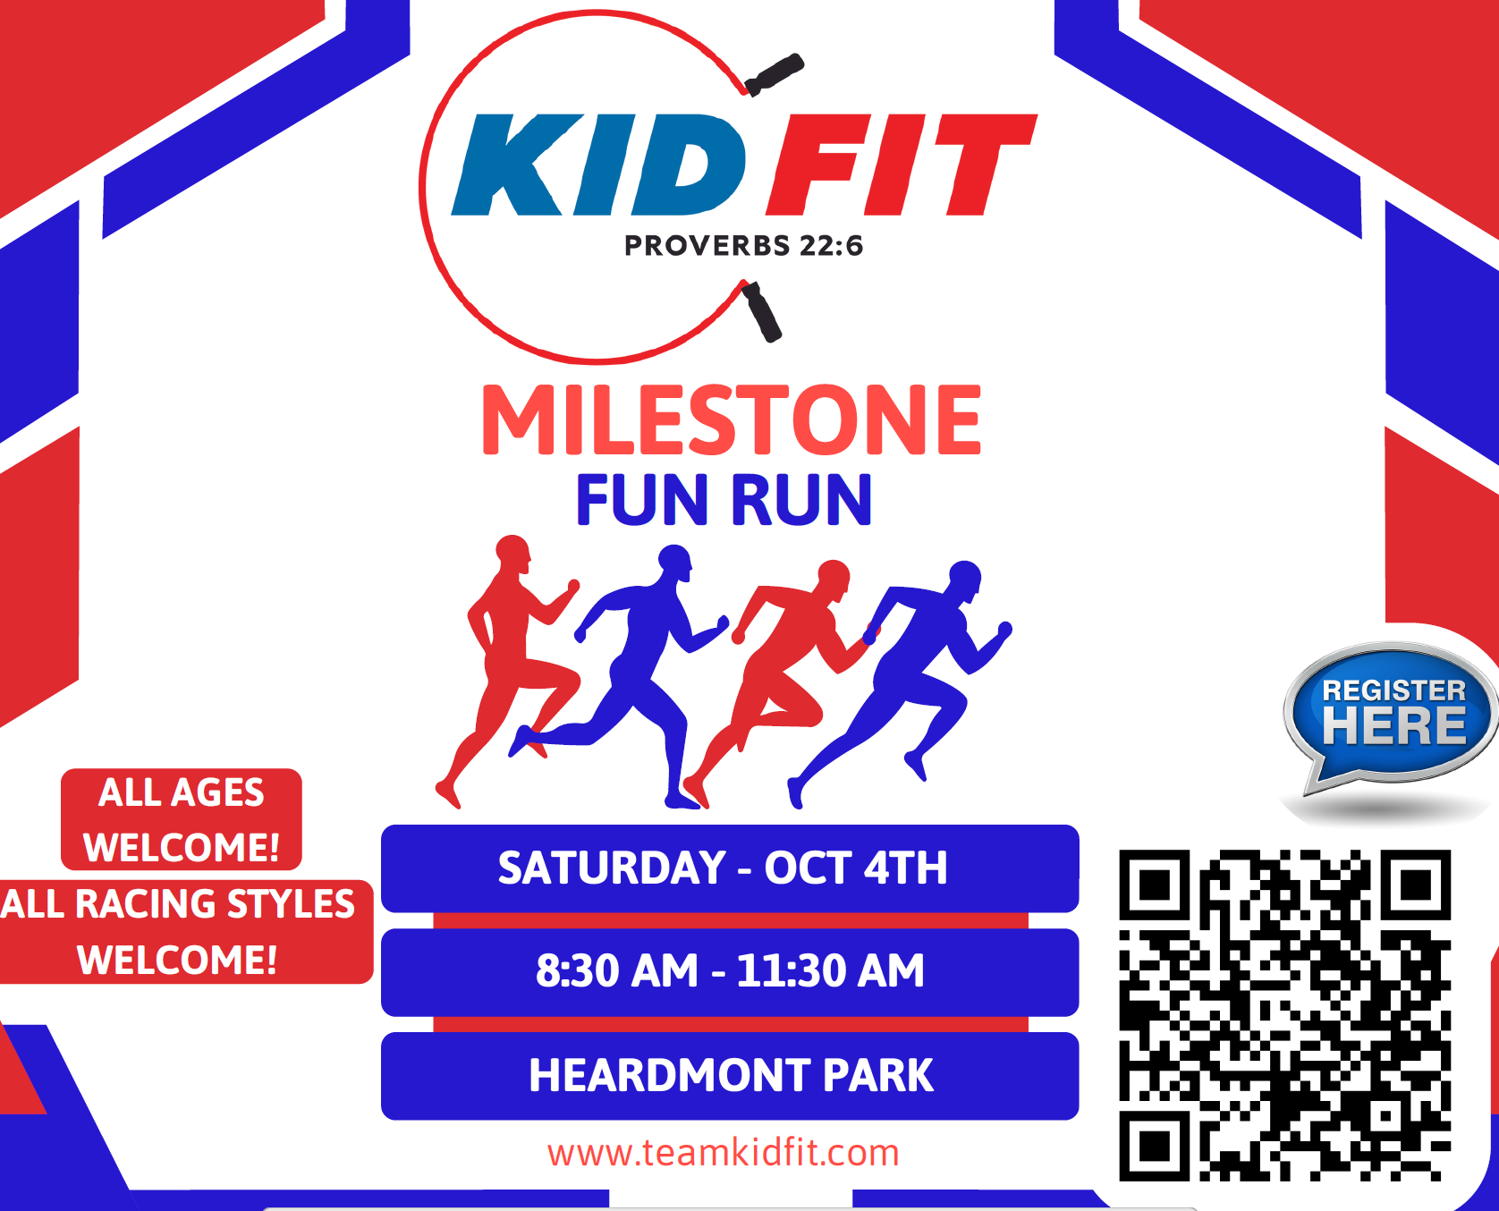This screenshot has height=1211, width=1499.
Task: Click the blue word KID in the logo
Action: [597, 165]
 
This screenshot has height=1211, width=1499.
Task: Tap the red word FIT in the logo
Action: [902, 165]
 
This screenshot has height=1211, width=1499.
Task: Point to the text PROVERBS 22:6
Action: [743, 245]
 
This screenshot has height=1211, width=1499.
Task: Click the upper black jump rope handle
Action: [775, 74]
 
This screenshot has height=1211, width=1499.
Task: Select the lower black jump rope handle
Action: [762, 311]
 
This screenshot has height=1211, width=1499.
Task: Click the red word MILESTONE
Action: [732, 419]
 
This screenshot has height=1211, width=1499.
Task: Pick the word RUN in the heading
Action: [801, 500]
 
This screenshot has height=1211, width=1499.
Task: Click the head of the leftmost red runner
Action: [513, 554]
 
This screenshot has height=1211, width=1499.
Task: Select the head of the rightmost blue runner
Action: [965, 578]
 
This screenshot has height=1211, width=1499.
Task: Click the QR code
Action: [1284, 1015]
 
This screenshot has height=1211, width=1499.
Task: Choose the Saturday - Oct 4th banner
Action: [730, 868]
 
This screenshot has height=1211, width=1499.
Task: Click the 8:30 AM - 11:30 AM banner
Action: [730, 972]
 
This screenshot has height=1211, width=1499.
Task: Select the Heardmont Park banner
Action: [730, 1076]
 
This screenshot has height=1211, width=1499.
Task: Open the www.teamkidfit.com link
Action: [724, 1152]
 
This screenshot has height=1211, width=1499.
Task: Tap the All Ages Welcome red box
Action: [182, 819]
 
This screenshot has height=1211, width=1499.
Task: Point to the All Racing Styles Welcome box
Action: [184, 932]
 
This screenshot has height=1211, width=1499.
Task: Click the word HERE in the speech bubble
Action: [1394, 725]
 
